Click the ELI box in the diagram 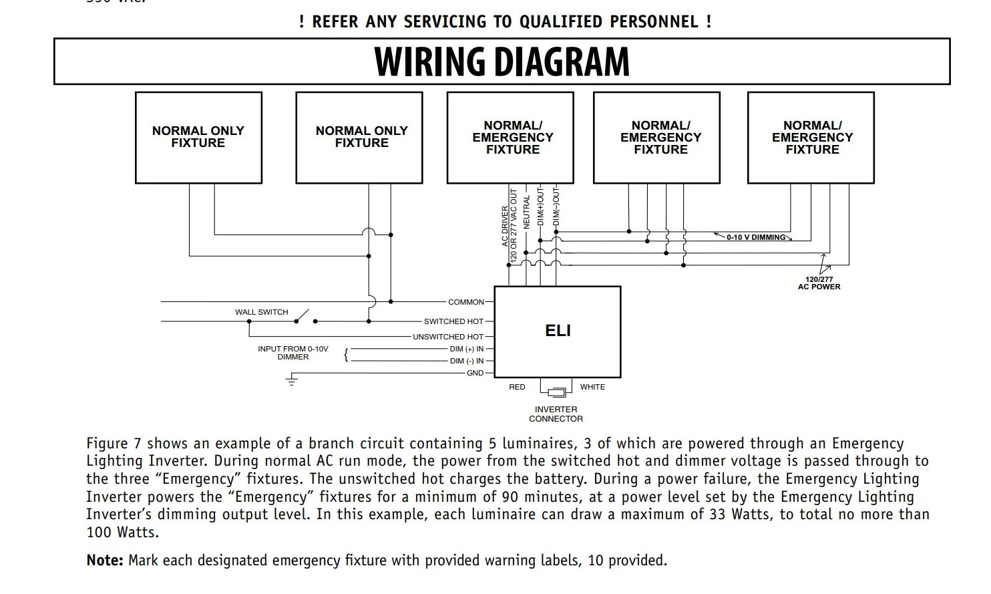tap(557, 331)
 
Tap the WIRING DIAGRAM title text tap(502, 61)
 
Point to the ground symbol tap(292, 381)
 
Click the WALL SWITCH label tap(262, 312)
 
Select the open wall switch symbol tap(304, 315)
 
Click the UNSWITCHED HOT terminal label tap(447, 337)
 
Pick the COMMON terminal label tap(466, 302)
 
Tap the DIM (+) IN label tap(467, 349)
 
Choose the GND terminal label tap(475, 373)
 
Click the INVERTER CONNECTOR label tap(556, 414)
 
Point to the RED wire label tap(517, 387)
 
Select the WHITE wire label tap(592, 387)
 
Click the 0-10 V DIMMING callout tap(756, 237)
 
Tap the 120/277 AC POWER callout tap(819, 283)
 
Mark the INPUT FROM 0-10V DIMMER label tap(293, 353)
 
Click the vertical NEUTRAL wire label tap(526, 212)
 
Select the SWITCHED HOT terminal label tap(453, 321)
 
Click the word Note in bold tap(105, 561)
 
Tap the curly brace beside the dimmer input tap(346, 355)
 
